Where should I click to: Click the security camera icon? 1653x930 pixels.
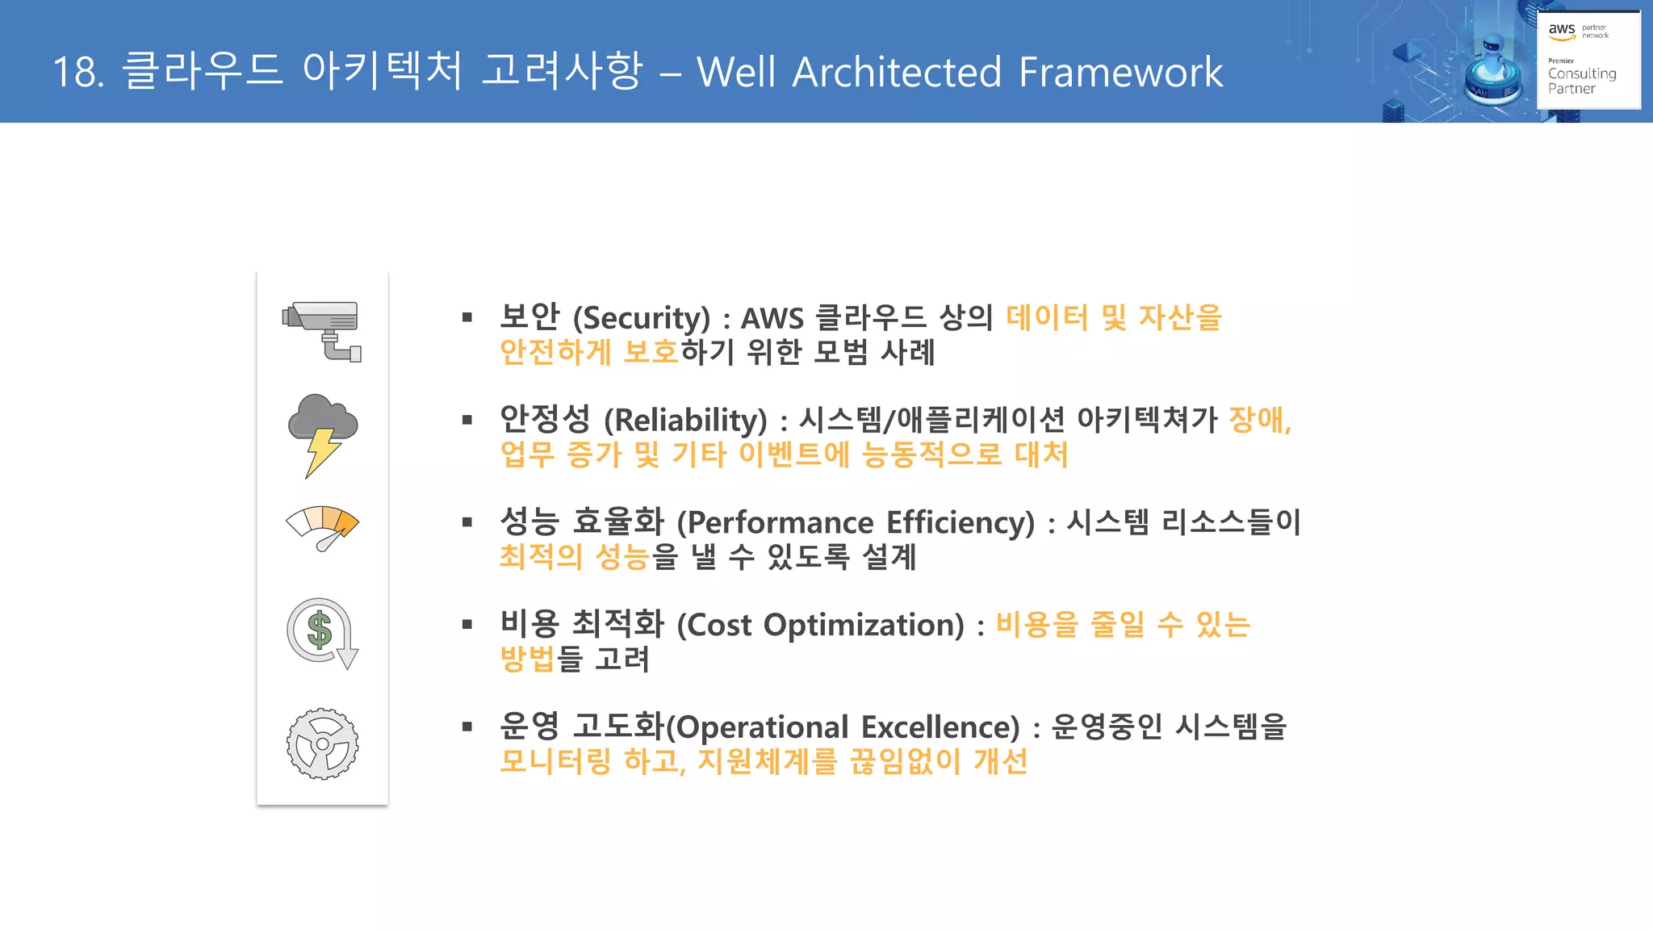322,331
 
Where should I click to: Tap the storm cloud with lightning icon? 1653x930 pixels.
323,434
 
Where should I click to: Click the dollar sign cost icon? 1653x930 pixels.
322,633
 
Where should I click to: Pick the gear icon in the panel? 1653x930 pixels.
323,744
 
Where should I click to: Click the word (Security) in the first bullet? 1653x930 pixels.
642,318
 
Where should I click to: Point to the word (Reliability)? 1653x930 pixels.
685,421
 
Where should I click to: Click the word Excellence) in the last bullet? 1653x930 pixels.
940,727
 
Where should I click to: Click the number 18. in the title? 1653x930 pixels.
78,73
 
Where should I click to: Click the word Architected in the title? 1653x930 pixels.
897,73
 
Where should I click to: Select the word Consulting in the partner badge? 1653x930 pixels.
1582,73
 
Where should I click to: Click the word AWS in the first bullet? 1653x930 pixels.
772,318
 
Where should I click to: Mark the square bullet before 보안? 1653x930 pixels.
467,318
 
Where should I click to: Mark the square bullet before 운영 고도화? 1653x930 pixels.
467,727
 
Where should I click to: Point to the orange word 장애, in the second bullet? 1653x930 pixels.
1260,420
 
